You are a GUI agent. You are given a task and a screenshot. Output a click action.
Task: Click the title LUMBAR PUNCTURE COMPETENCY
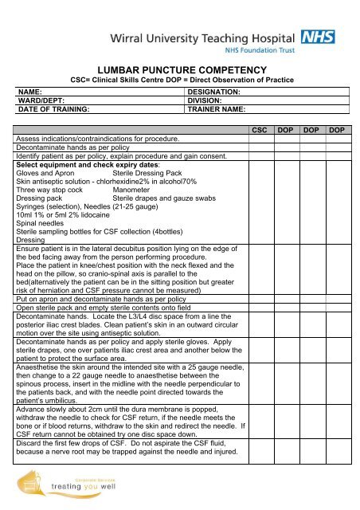click(180, 73)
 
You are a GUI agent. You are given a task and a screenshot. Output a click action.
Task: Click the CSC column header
click(263, 129)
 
